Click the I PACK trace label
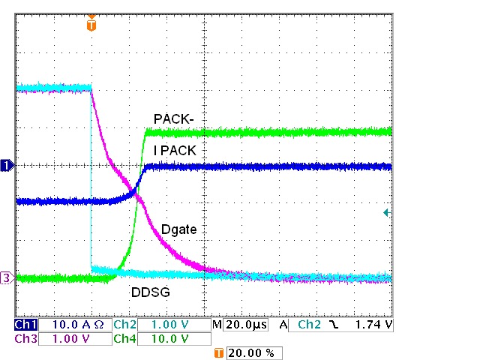175,150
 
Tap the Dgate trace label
179,229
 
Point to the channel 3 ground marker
7,278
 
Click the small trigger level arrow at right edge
386,213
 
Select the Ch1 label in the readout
25,325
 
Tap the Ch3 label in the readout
25,339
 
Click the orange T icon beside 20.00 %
219,352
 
